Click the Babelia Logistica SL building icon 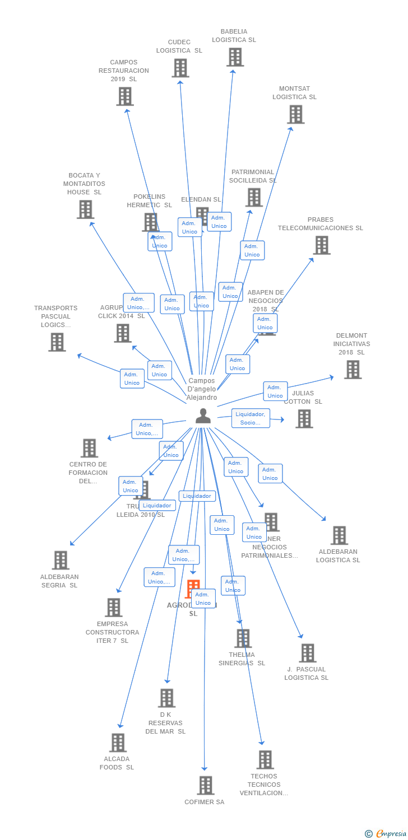pyautogui.click(x=235, y=57)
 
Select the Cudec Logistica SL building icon pyautogui.click(x=180, y=68)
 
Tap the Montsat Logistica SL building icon pyautogui.click(x=295, y=114)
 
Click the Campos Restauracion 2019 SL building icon pyautogui.click(x=124, y=96)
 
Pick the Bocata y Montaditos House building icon pyautogui.click(x=85, y=209)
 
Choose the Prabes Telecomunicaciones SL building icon pyautogui.click(x=322, y=245)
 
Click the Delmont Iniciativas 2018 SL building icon pyautogui.click(x=353, y=370)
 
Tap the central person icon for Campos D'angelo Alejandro pyautogui.click(x=203, y=416)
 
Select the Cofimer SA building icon pyautogui.click(x=206, y=785)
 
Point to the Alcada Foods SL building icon pyautogui.click(x=118, y=743)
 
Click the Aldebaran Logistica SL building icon pyautogui.click(x=339, y=535)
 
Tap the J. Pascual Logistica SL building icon pyautogui.click(x=307, y=653)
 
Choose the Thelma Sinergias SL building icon pyautogui.click(x=243, y=638)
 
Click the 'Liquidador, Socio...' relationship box pyautogui.click(x=251, y=418)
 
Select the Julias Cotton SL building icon pyautogui.click(x=304, y=419)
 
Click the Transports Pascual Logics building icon pyautogui.click(x=57, y=342)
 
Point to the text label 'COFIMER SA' pyautogui.click(x=204, y=802)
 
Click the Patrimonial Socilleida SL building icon pyautogui.click(x=254, y=197)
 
